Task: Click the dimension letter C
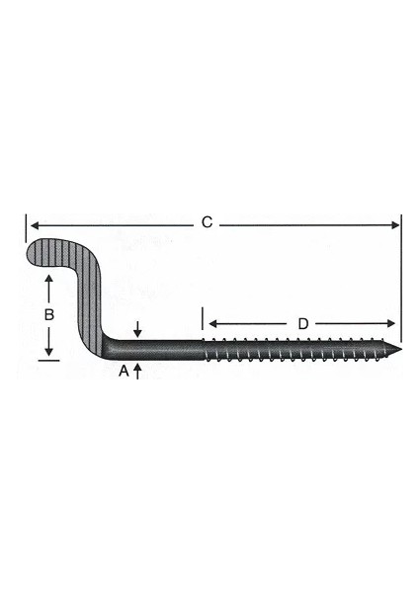click(x=207, y=223)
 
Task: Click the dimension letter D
click(x=303, y=323)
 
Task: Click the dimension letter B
click(x=49, y=315)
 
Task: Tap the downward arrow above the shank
click(x=137, y=332)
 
